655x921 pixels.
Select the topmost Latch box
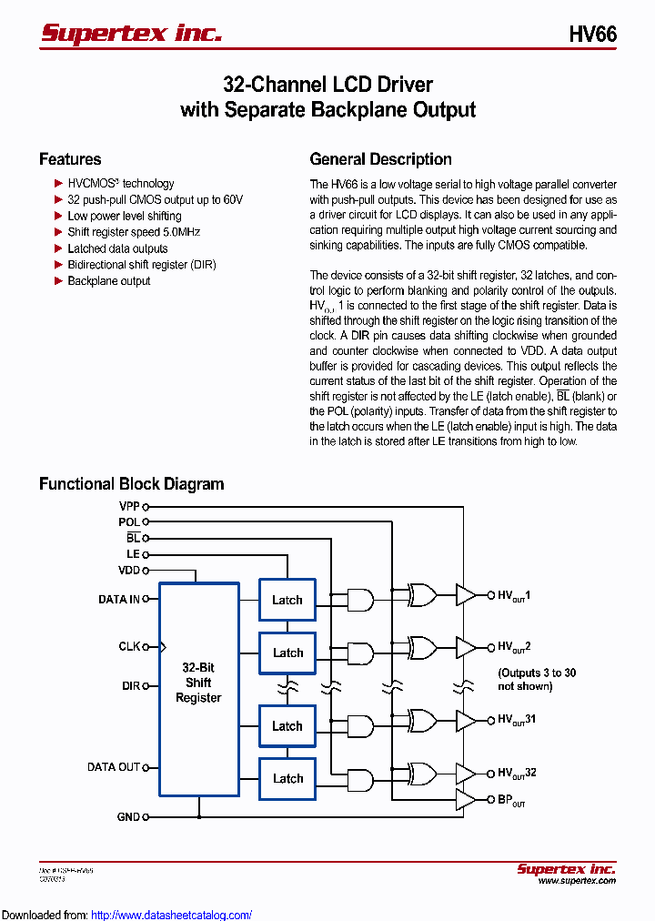[287, 600]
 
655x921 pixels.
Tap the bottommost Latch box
[287, 778]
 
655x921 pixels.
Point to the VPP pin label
[129, 506]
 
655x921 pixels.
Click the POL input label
[129, 522]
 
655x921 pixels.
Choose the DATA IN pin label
[119, 600]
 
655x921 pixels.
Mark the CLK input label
[129, 646]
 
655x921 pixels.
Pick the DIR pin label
[131, 686]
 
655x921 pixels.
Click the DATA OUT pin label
[114, 767]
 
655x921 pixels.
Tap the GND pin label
[128, 817]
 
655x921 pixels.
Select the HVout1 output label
[513, 596]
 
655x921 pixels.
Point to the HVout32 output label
[516, 773]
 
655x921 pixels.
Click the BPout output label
[510, 801]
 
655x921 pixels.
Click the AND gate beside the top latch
[360, 600]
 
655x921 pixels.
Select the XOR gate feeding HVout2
[422, 647]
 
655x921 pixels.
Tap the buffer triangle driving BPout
[465, 800]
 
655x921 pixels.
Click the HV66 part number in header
[592, 35]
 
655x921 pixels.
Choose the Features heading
[70, 159]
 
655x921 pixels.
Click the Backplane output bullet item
[108, 281]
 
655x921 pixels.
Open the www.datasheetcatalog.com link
[172, 915]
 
